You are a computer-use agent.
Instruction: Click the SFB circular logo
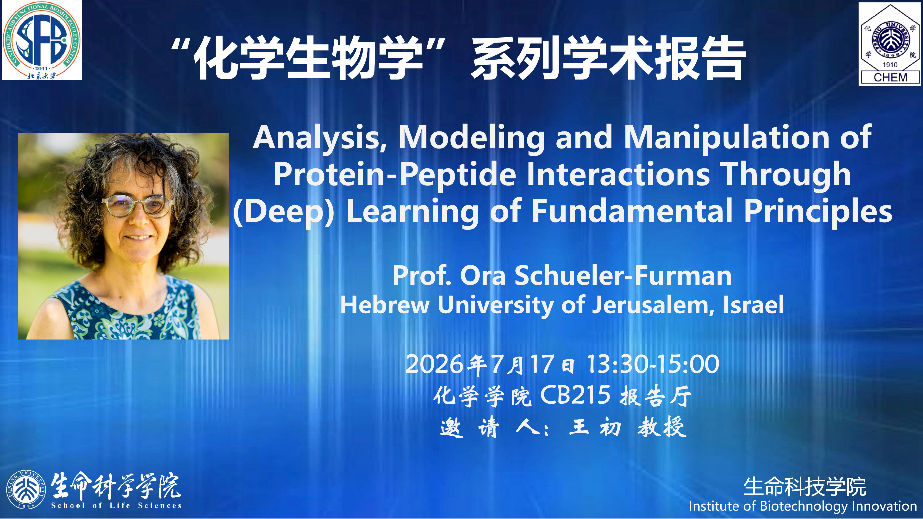tap(42, 40)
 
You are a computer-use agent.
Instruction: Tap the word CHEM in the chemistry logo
tap(890, 77)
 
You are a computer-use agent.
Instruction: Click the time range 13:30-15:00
tap(653, 364)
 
